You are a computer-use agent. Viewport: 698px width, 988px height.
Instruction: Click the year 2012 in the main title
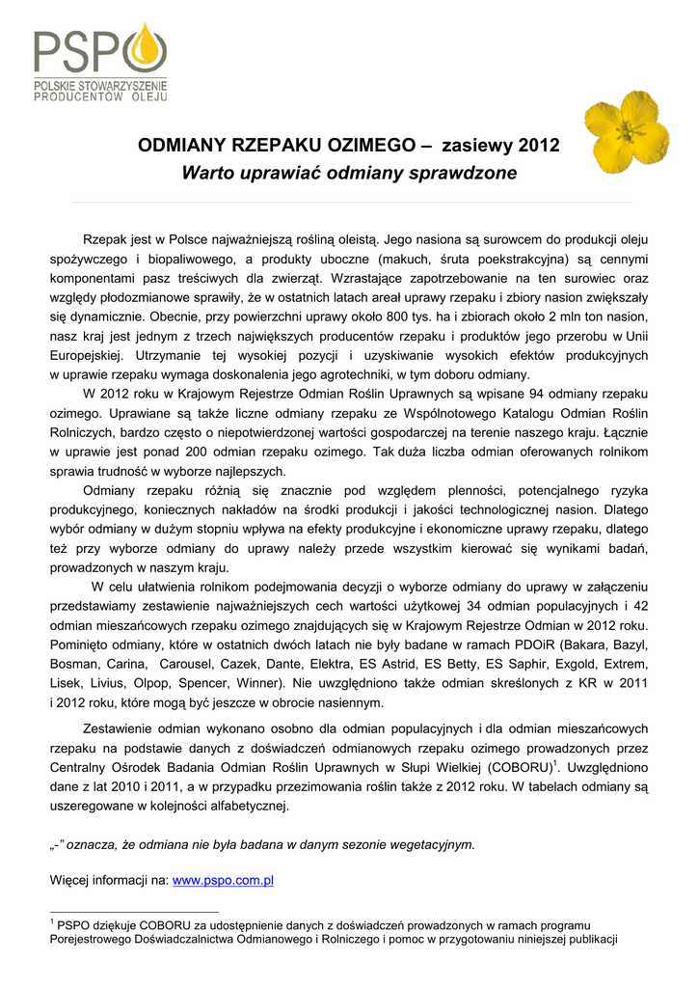[x=539, y=148]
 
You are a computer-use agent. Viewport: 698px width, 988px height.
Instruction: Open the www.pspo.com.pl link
[x=223, y=880]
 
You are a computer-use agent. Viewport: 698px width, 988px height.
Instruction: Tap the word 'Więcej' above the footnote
[x=69, y=880]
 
